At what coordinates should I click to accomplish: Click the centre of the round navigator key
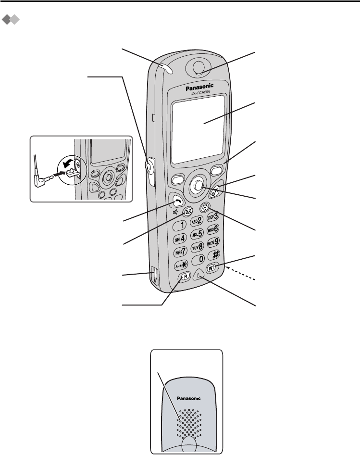197,185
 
